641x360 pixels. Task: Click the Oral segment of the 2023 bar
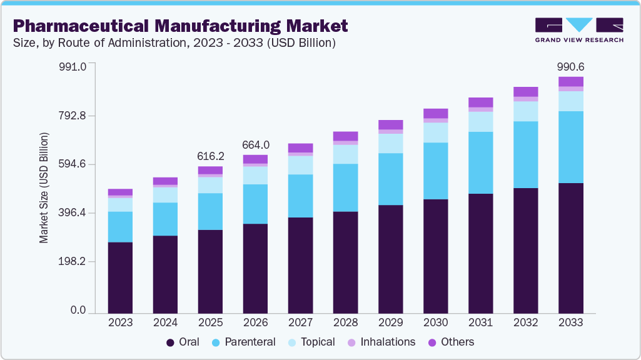pyautogui.click(x=120, y=277)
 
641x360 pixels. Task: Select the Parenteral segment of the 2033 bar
pyautogui.click(x=570, y=147)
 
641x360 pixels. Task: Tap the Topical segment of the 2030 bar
pyautogui.click(x=435, y=132)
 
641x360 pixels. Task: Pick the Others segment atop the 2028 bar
pyautogui.click(x=345, y=136)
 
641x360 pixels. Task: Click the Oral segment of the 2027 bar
pyautogui.click(x=300, y=265)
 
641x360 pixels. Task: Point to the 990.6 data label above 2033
pyautogui.click(x=570, y=67)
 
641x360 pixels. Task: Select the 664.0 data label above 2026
pyautogui.click(x=255, y=145)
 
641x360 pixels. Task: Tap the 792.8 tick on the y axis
pyautogui.click(x=73, y=116)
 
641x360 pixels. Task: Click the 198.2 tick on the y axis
pyautogui.click(x=73, y=262)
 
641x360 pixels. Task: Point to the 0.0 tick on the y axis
pyautogui.click(x=78, y=311)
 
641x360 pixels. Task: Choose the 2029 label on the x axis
pyautogui.click(x=390, y=323)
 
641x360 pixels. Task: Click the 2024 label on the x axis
pyautogui.click(x=165, y=323)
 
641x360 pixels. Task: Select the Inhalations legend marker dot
pyautogui.click(x=351, y=342)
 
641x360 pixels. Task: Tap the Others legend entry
pyautogui.click(x=450, y=342)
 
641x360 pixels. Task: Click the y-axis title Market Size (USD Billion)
pyautogui.click(x=44, y=187)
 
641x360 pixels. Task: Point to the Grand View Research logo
pyautogui.click(x=579, y=29)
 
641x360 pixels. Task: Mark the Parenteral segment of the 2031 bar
pyautogui.click(x=480, y=162)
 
